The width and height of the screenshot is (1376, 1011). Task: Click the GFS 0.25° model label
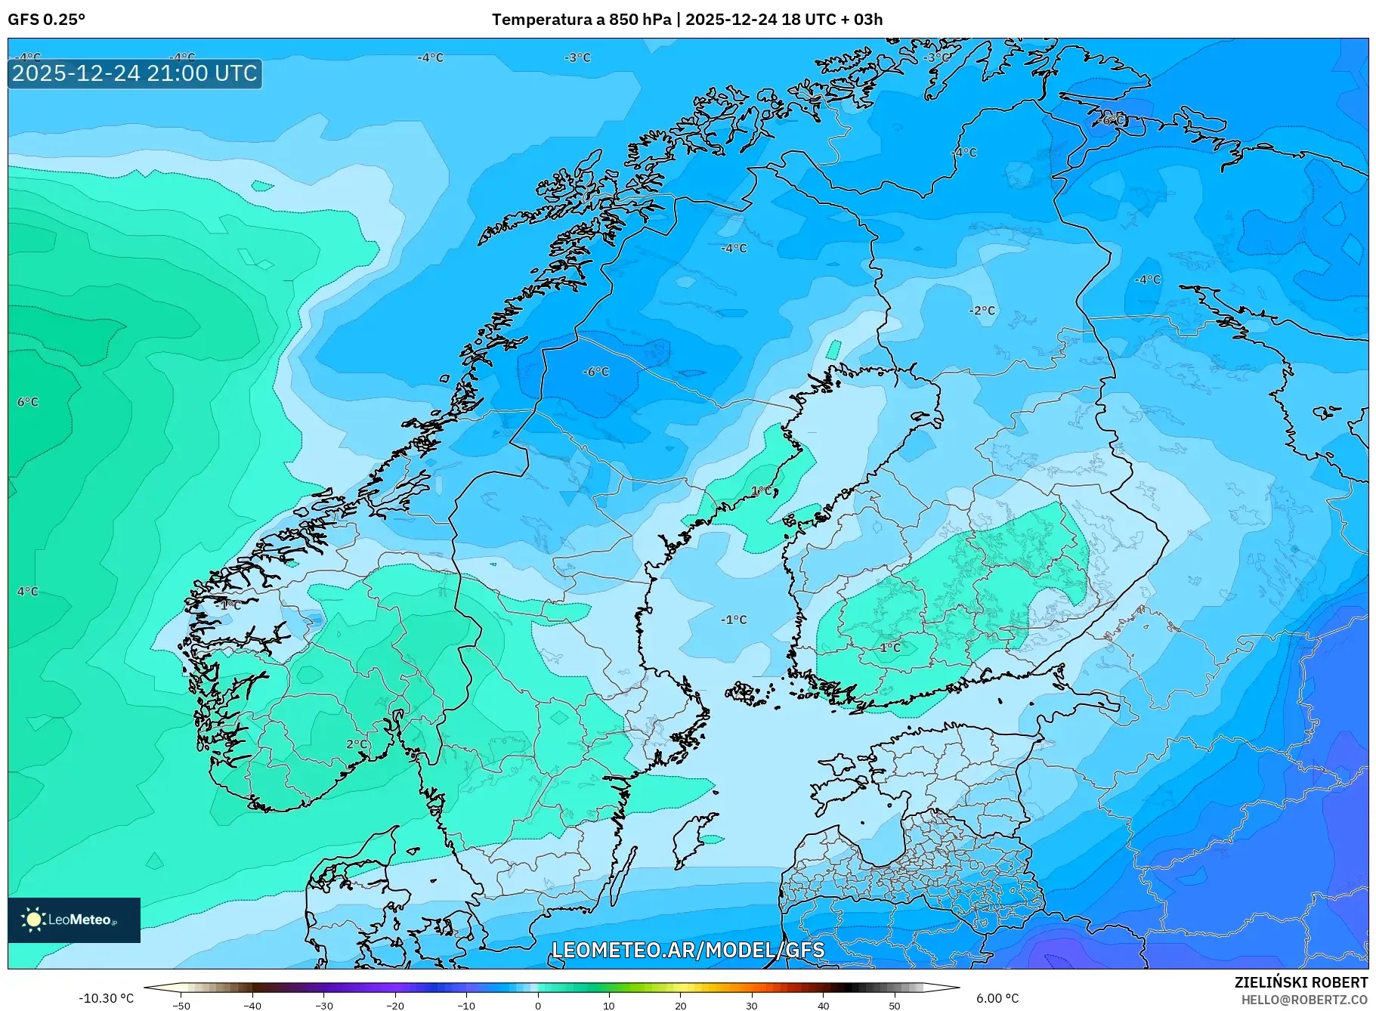46,20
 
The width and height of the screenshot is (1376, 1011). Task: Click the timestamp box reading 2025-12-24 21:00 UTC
135,73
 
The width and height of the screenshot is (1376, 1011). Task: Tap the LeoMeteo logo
73,920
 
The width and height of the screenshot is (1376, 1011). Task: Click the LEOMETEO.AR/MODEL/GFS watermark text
688,950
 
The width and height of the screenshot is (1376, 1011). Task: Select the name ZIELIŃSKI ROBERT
1300,982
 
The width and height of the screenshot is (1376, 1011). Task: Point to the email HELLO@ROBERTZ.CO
1303,1000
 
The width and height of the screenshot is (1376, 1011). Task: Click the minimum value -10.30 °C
106,998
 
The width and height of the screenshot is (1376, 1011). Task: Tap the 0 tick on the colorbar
538,1006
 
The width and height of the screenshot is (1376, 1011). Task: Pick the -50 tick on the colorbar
181,1006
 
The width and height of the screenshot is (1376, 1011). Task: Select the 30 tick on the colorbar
752,1006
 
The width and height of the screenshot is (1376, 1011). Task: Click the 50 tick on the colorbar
895,1006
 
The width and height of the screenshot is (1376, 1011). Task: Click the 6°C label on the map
28,402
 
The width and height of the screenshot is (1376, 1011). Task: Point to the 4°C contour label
28,592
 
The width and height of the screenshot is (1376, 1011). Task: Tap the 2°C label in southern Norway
357,744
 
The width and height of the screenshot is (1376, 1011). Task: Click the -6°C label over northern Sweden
595,372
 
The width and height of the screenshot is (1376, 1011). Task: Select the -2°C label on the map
982,311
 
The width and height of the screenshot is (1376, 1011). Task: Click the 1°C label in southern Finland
890,648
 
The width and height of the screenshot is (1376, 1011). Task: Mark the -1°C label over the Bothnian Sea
733,620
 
